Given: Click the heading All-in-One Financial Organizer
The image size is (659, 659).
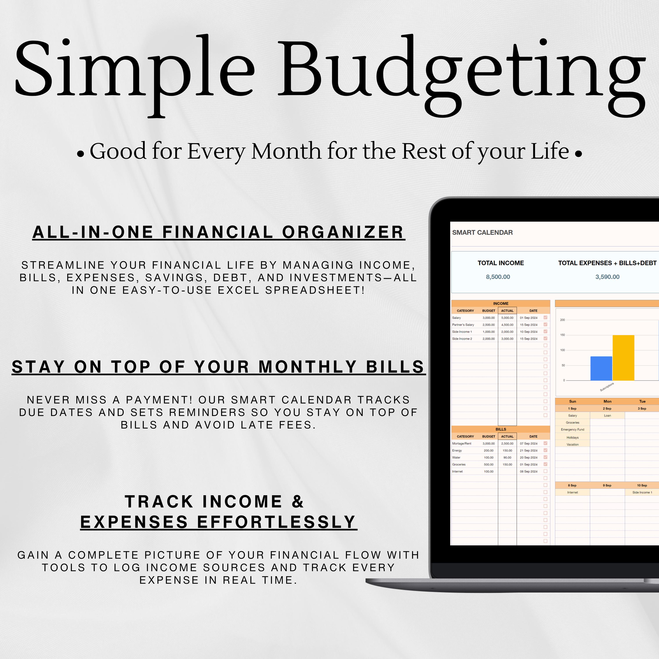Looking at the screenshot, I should click(218, 232).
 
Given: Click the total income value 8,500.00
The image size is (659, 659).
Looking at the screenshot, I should click(498, 277).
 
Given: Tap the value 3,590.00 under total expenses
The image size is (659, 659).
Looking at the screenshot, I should click(607, 277).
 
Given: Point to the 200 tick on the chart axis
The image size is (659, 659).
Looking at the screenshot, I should click(563, 320).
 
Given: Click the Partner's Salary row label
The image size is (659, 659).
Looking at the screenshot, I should click(463, 325).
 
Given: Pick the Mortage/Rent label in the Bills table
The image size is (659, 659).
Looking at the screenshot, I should click(462, 444).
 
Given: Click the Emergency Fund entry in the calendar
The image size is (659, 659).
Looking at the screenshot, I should click(572, 429).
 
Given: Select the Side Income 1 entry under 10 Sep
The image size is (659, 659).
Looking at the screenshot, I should click(642, 492).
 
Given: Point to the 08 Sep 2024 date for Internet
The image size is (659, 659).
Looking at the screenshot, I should click(528, 471).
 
